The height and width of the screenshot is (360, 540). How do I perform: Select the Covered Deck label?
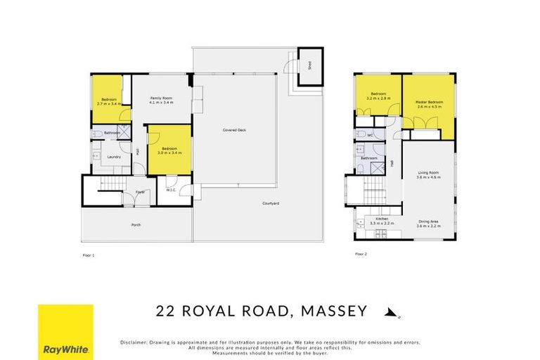click(x=234, y=130)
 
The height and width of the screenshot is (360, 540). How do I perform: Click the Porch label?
click(x=135, y=226)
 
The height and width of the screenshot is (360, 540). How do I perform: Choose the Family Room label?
click(x=161, y=98)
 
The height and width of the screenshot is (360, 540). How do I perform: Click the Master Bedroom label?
click(x=429, y=103)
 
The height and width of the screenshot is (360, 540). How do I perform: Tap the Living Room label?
click(x=427, y=173)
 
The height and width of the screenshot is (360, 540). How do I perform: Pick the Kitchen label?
click(x=382, y=219)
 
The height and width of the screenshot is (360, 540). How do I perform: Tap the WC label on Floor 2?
click(x=369, y=134)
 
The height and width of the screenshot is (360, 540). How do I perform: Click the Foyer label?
click(x=140, y=191)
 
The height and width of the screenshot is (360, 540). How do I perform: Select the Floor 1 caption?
click(x=88, y=255)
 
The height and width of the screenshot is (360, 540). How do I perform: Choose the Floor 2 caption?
click(x=360, y=254)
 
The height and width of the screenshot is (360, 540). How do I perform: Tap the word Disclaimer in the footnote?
click(x=135, y=342)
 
